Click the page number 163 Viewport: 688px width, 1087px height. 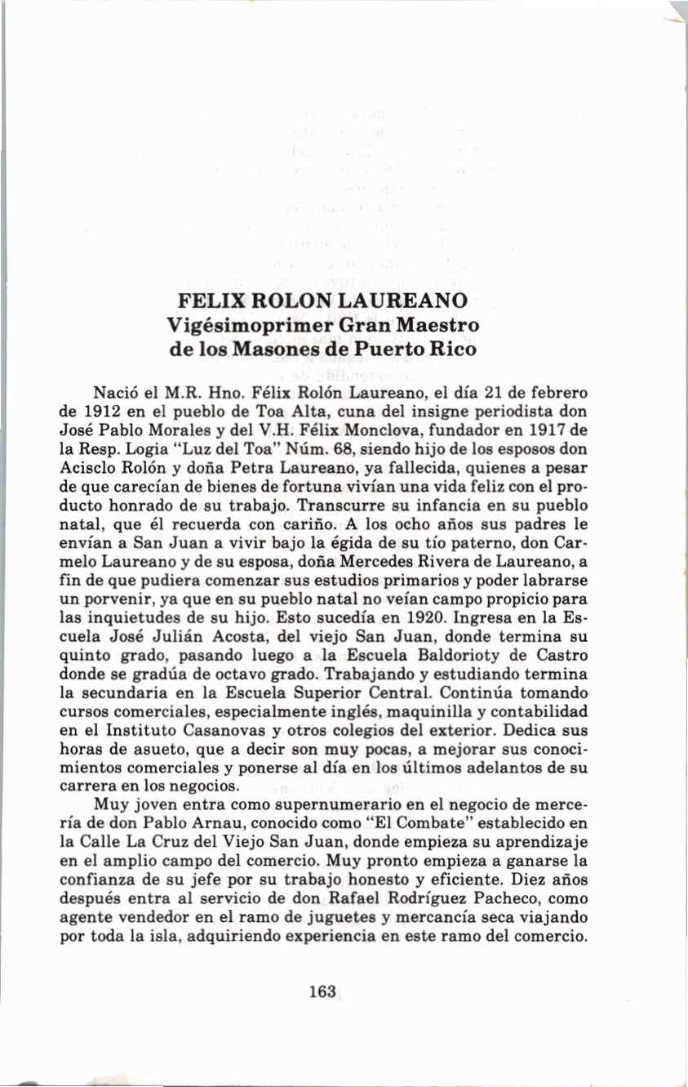pos(323,991)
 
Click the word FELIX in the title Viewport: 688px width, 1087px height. pos(211,300)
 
